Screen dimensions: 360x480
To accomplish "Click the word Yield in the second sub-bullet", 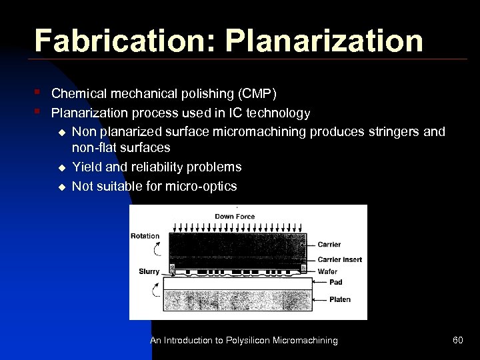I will (x=87, y=167).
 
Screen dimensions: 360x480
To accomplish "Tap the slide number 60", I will (x=457, y=341).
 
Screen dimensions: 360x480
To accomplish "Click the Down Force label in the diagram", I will (x=234, y=217).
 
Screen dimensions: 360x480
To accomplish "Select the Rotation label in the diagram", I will (x=145, y=236).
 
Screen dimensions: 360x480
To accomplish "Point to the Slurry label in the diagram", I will (x=149, y=271).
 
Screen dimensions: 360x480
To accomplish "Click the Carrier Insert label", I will (x=340, y=259).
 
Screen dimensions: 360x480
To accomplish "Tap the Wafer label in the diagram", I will (x=327, y=271).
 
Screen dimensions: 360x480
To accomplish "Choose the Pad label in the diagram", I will (x=336, y=283).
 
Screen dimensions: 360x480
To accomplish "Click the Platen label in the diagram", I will (x=340, y=299).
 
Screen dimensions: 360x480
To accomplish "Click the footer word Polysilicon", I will (x=253, y=341).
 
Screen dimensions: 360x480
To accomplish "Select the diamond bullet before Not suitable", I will (x=61, y=187).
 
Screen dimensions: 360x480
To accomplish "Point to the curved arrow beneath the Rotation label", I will (x=157, y=250).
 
